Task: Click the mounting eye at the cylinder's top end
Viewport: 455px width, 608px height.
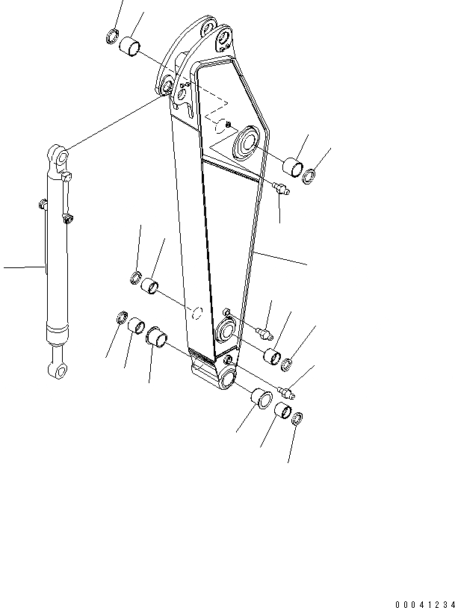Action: (60, 158)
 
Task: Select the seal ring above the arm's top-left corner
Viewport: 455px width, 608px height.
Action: (112, 34)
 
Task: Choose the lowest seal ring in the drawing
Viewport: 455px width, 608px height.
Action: (297, 418)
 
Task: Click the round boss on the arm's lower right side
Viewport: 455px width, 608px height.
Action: (227, 330)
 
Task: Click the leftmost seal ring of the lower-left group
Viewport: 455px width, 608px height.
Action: (121, 320)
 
